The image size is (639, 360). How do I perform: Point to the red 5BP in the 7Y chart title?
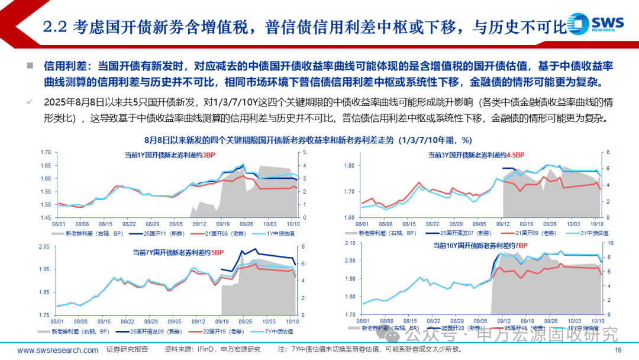coord(218,252)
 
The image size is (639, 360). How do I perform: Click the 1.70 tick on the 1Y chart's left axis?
coord(45,152)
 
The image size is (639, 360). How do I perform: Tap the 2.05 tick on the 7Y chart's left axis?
coord(45,247)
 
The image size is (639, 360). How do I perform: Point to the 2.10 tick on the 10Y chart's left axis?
coord(350,243)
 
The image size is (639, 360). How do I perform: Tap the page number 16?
coord(618,351)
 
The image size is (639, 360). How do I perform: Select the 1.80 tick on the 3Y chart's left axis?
coord(350,165)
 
